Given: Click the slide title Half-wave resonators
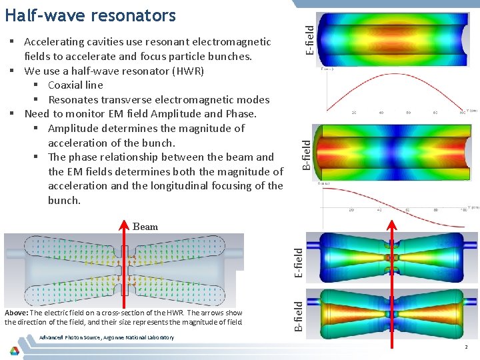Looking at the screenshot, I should point(90,15).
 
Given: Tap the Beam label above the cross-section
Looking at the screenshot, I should point(145,227).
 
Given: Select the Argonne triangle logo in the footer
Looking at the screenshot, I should point(15,349).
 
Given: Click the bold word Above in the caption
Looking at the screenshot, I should point(16,313).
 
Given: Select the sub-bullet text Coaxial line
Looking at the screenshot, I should point(75,85).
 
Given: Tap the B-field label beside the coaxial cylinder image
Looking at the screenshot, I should point(306,153).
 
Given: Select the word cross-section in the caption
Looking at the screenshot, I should point(141,313).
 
